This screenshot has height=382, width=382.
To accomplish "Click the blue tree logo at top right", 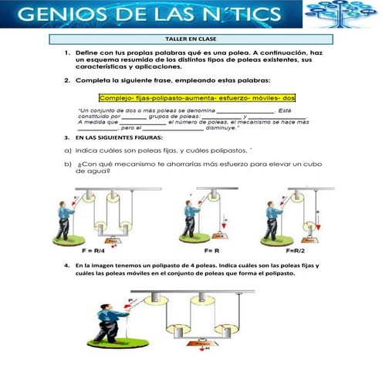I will pos(340,12).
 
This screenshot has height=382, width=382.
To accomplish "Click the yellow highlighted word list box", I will pos(198,98).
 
